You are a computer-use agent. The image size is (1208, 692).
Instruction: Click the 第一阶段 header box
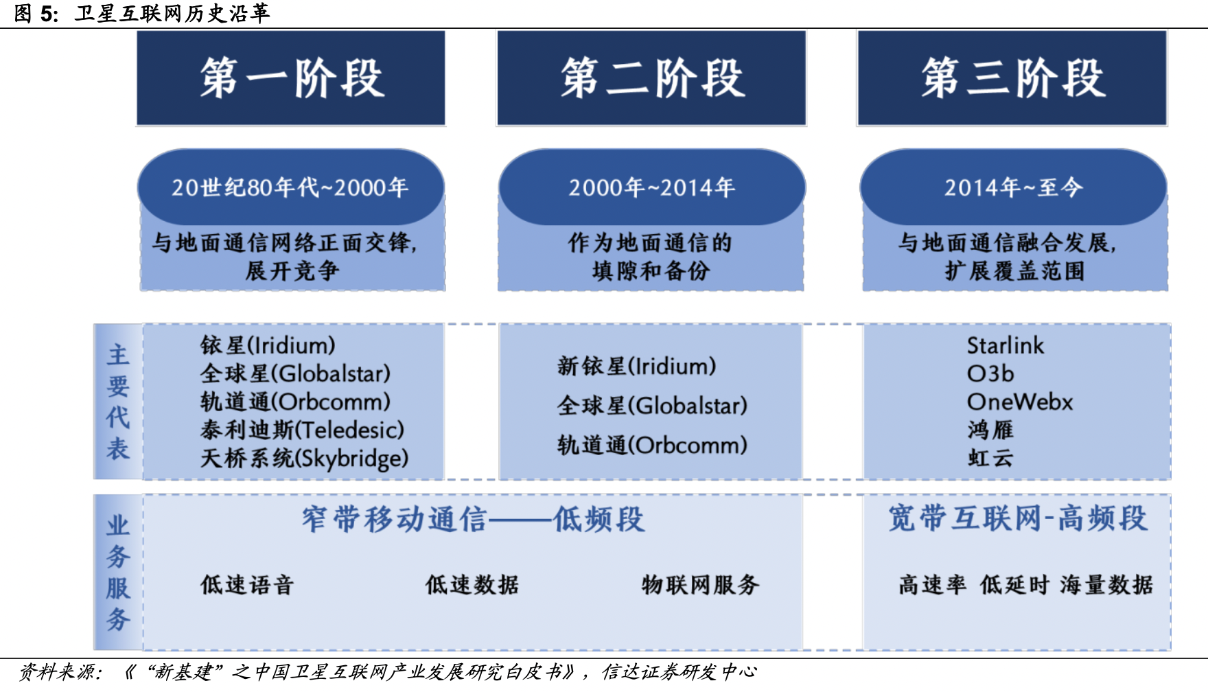(x=291, y=78)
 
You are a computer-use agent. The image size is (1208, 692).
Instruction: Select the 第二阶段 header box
(x=651, y=78)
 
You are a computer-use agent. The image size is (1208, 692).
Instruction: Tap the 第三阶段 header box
(x=1012, y=78)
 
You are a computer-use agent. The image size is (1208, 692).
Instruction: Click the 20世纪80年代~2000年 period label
(x=290, y=187)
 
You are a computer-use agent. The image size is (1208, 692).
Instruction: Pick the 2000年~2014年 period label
(x=651, y=187)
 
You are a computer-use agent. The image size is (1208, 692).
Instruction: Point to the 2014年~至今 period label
(x=1013, y=187)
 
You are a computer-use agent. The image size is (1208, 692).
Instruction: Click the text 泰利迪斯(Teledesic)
(x=302, y=430)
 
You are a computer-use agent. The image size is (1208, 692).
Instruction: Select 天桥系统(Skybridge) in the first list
(x=304, y=458)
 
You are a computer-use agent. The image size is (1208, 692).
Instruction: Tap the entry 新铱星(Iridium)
(x=636, y=366)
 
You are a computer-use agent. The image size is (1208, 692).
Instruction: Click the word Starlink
(x=1006, y=345)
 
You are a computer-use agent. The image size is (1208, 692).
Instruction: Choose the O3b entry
(x=990, y=373)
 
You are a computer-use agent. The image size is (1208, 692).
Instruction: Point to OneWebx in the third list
(x=1020, y=402)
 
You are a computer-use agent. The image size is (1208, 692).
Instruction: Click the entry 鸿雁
(x=990, y=430)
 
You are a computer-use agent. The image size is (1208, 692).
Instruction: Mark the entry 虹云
(x=990, y=458)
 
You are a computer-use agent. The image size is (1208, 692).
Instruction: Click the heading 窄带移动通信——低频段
(x=473, y=519)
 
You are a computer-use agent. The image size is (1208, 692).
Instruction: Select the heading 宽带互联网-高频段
(x=1017, y=518)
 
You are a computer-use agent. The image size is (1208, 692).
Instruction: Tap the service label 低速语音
(x=247, y=585)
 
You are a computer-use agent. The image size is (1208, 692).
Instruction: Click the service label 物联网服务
(x=700, y=585)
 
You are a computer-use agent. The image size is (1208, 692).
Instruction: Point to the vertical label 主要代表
(x=118, y=402)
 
